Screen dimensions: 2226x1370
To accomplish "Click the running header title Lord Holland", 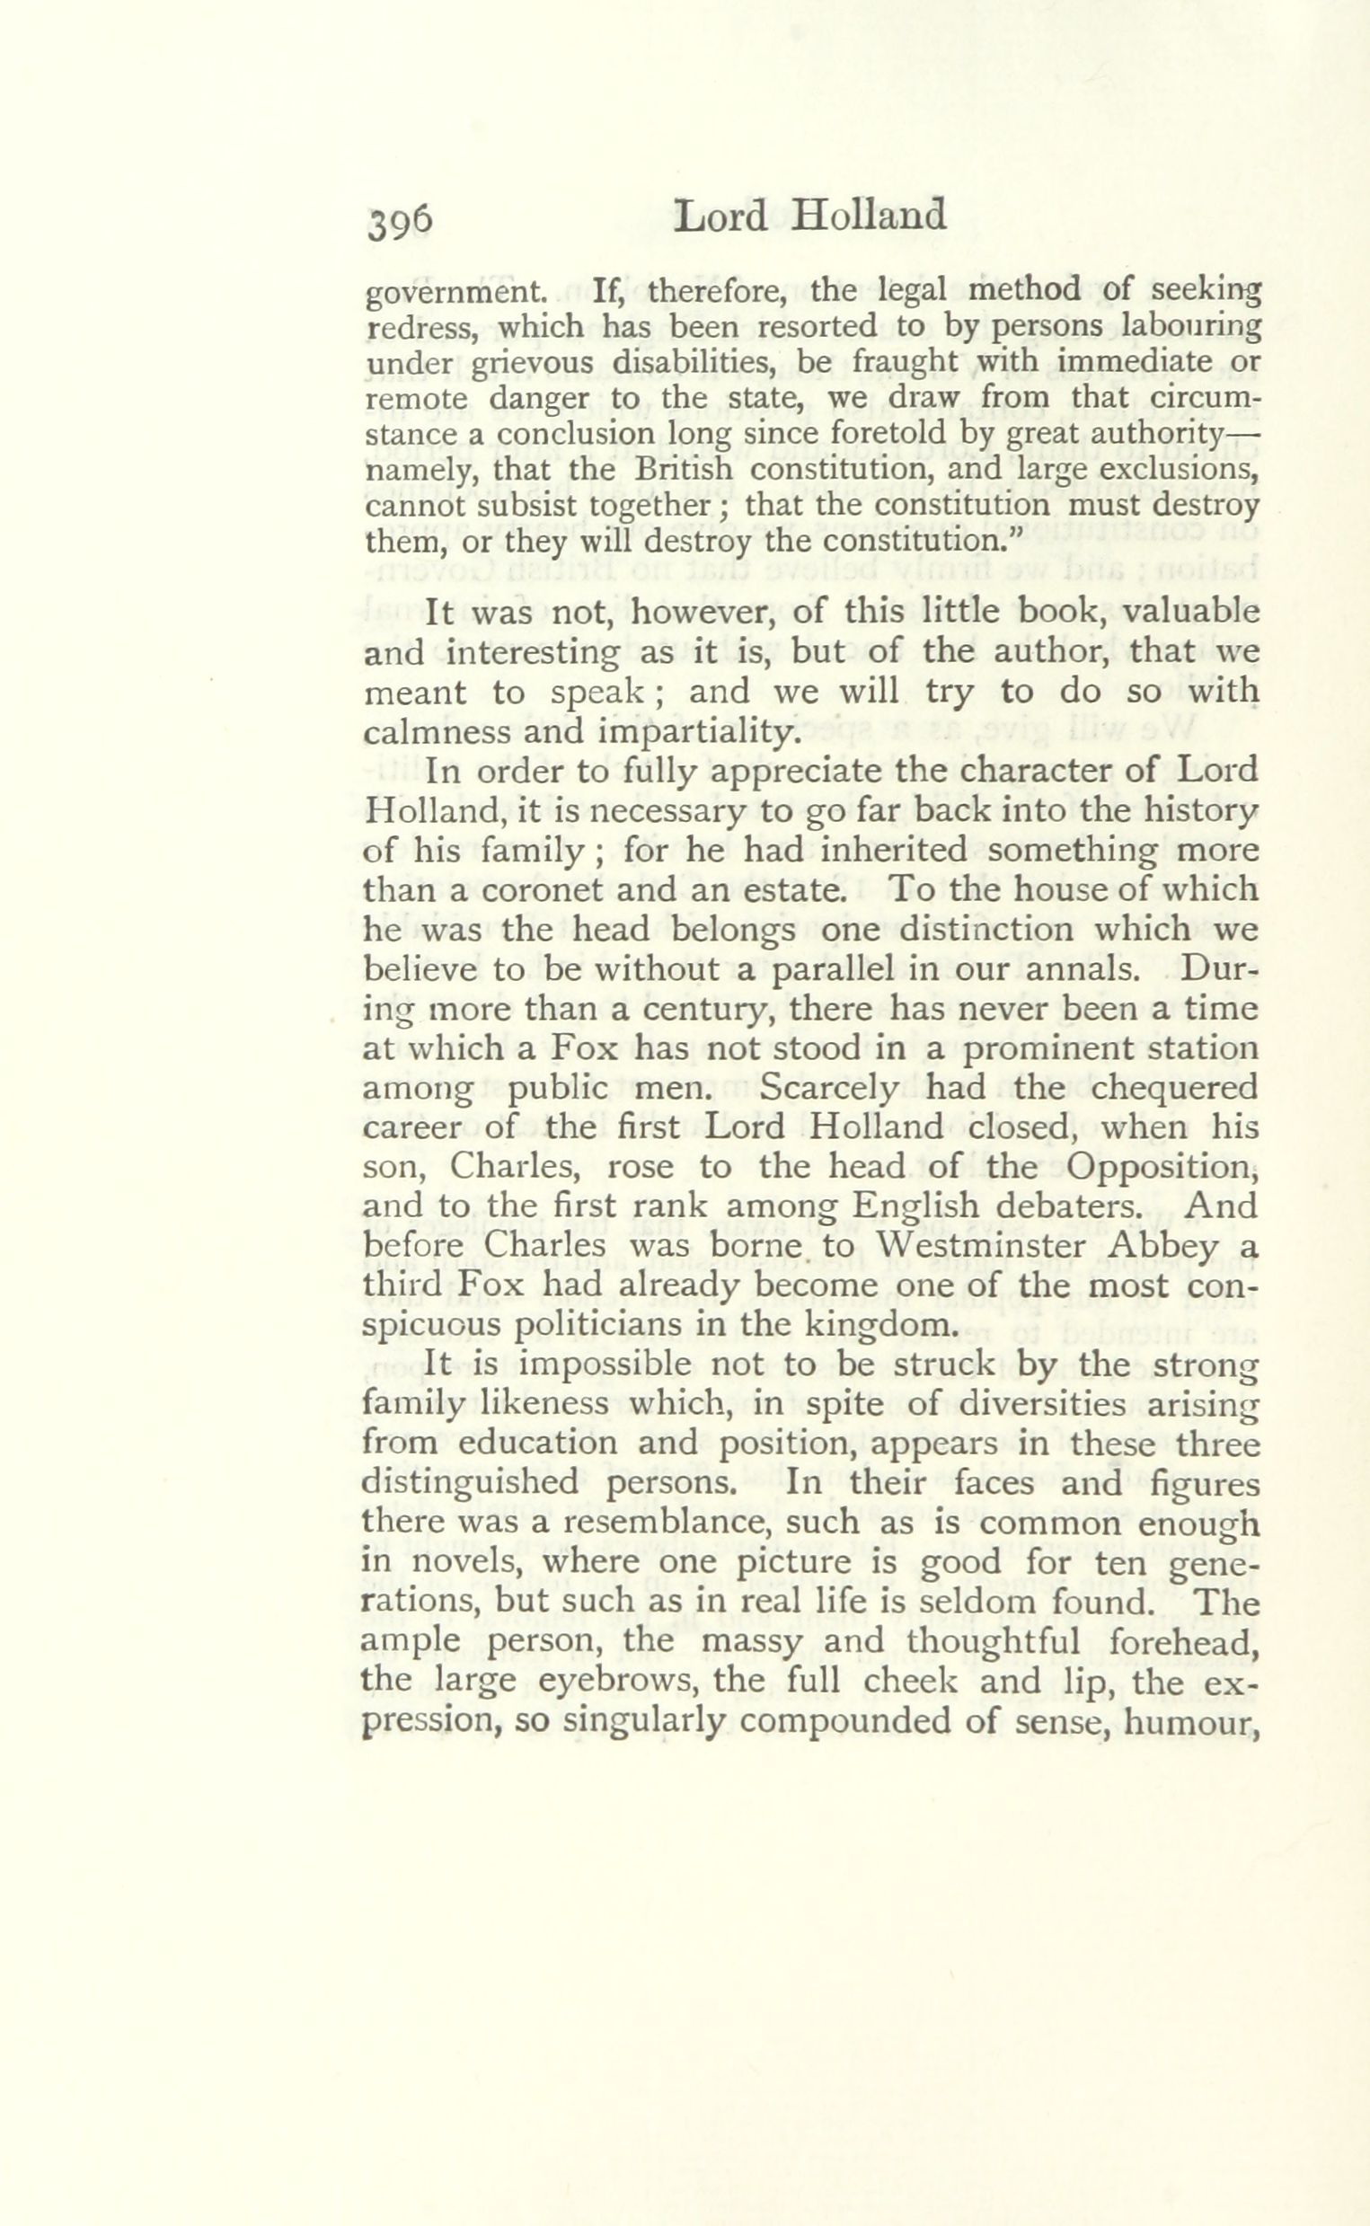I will click(811, 216).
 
